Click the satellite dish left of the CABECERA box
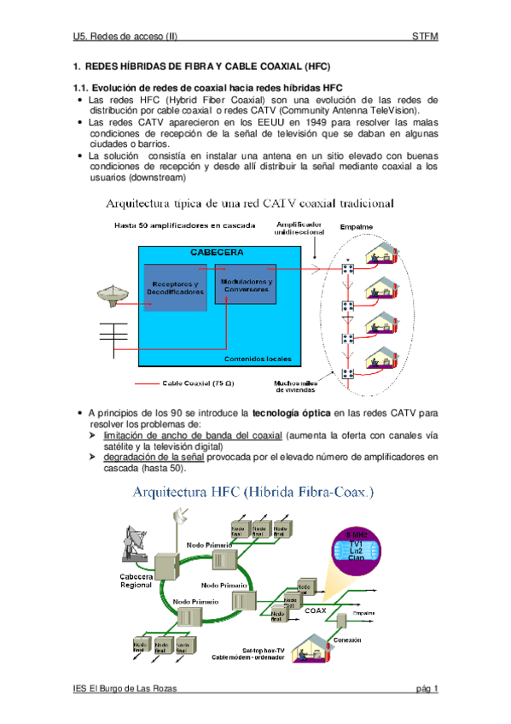tap(111, 293)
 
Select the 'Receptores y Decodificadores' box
tap(175, 288)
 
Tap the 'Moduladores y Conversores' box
tap(246, 286)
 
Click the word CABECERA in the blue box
tap(217, 254)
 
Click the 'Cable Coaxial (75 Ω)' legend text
tap(194, 383)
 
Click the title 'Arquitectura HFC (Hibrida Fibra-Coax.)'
tap(252, 493)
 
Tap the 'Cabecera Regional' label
tap(136, 581)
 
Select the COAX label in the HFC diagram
tap(316, 610)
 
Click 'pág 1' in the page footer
tap(427, 689)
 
